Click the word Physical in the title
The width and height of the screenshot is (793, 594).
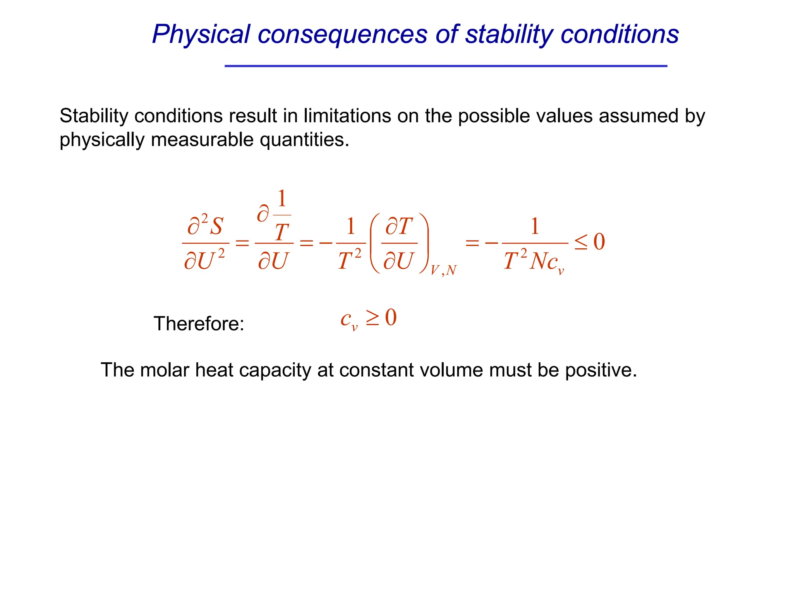pos(201,34)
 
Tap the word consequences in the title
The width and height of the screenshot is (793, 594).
pos(342,34)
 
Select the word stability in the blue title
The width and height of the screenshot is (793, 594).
pos(508,34)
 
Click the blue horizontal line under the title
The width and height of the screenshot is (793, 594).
pos(446,66)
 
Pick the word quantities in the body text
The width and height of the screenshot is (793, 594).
pos(304,140)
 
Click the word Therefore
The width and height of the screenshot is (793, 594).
pos(199,323)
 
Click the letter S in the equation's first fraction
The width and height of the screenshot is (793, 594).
pos(216,226)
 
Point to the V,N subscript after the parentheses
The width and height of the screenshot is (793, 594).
pos(444,270)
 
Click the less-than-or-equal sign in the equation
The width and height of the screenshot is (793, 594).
pos(581,242)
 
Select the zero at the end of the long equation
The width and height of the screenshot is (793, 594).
pos(599,242)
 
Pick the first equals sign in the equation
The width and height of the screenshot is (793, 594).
pos(242,243)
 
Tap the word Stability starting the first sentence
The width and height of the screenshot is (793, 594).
pos(93,116)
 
